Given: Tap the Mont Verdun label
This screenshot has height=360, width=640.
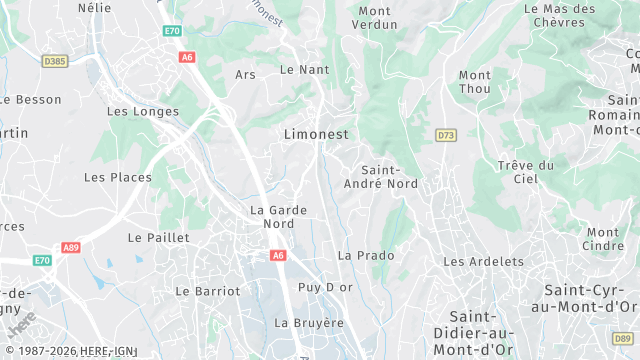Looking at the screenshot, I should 377,17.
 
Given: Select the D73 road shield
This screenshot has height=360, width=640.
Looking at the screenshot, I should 446,134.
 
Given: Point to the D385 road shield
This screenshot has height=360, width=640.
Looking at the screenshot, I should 55,62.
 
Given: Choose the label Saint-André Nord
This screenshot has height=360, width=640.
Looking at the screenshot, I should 381,177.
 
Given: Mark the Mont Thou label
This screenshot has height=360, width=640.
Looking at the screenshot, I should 475,81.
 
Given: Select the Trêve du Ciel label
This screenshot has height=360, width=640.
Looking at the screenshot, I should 525,171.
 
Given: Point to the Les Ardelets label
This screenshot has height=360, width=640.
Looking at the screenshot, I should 483,261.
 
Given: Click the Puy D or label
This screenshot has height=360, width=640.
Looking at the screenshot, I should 326,287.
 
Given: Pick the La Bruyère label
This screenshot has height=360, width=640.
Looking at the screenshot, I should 309,323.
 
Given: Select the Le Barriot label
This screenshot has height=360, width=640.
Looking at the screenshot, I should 208,291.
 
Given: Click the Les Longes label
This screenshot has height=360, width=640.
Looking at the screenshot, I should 143,112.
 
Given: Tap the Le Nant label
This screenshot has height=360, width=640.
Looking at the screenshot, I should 304,69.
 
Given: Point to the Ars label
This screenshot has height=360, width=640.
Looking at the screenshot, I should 246,74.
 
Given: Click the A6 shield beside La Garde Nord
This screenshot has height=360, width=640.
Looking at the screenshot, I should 277,256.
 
